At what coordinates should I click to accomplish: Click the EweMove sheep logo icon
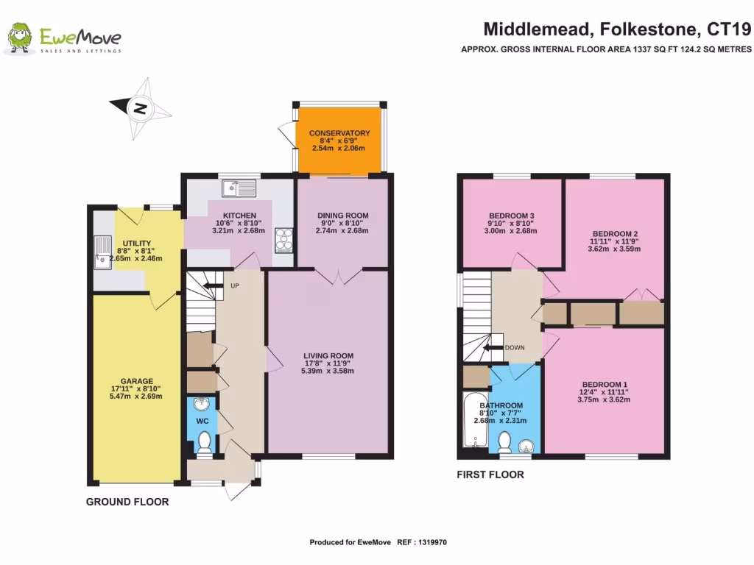(19, 38)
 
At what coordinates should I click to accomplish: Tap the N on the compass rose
(138, 109)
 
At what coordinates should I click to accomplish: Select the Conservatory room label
(339, 133)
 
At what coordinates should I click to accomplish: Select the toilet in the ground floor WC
(204, 441)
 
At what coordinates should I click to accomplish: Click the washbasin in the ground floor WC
(202, 403)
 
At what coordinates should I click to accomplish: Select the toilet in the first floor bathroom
(505, 441)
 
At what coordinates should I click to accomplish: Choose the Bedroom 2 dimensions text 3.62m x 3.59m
(614, 249)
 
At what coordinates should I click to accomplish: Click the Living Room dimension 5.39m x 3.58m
(328, 371)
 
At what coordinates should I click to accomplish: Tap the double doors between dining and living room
(338, 276)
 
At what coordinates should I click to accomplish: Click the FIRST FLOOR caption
(490, 475)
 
